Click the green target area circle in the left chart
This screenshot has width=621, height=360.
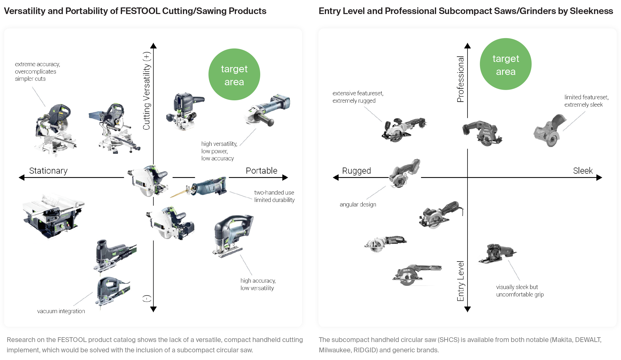[234, 74]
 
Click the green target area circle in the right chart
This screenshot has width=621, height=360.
[505, 64]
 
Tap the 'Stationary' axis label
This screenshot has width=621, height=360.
[48, 171]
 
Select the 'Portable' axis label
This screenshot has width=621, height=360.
[261, 171]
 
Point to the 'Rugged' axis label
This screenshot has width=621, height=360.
[356, 171]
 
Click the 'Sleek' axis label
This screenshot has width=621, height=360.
[583, 171]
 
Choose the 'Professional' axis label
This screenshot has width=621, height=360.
[461, 79]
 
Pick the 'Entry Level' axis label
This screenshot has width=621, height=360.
[461, 281]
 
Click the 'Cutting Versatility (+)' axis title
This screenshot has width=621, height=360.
[147, 91]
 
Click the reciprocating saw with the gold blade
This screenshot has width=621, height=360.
[201, 187]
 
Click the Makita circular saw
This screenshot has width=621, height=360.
[482, 133]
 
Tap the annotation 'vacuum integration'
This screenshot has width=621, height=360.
[61, 311]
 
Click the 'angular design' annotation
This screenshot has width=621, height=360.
[358, 205]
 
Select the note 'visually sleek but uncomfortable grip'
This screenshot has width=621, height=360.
[520, 291]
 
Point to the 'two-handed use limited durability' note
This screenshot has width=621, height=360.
[274, 196]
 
